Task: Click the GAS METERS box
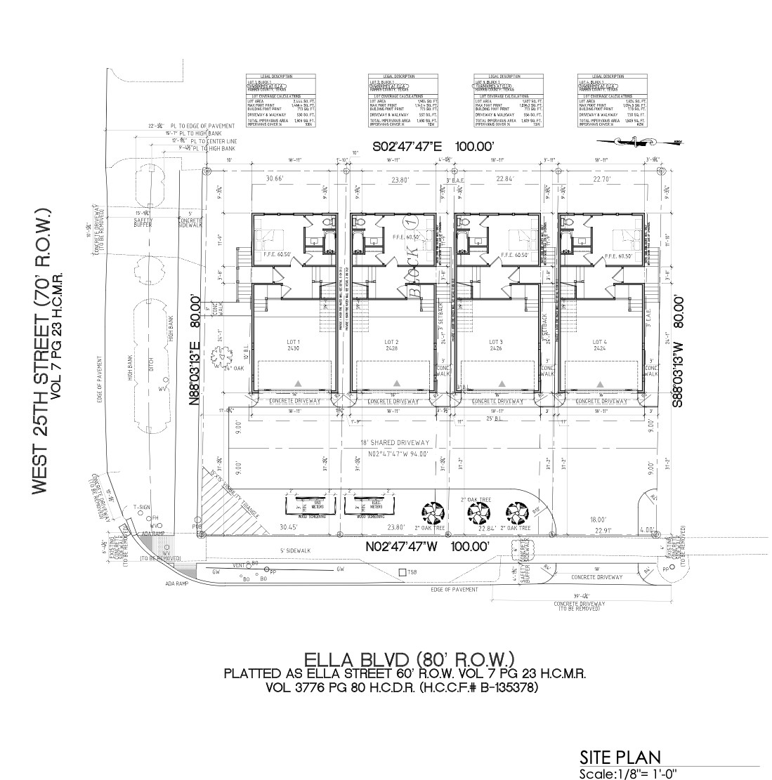click(309, 505)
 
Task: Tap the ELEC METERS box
click(372, 505)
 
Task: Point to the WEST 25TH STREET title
click(41, 351)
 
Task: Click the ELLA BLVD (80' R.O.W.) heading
click(410, 659)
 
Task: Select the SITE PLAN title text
click(620, 757)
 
